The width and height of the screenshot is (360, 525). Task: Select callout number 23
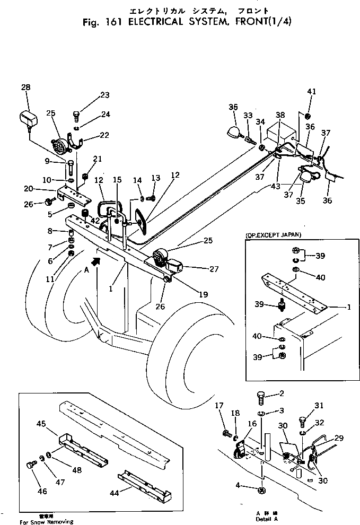tap(104, 95)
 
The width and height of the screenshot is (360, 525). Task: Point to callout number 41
tap(311, 92)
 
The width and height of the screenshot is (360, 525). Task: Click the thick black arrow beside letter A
tap(95, 260)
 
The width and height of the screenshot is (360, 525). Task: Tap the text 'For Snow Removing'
tap(47, 522)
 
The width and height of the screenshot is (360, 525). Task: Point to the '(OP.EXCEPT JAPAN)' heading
tap(270, 234)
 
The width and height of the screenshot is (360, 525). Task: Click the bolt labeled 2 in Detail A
tap(262, 395)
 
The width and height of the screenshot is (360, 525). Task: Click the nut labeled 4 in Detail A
tap(261, 491)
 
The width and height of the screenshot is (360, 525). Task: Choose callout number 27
tap(214, 269)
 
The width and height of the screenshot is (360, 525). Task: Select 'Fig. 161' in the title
tap(98, 22)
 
